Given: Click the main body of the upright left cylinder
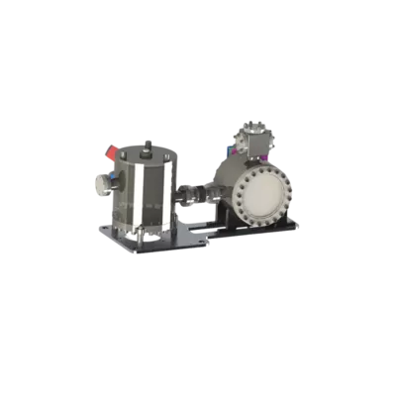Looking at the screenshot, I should click(148, 198).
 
